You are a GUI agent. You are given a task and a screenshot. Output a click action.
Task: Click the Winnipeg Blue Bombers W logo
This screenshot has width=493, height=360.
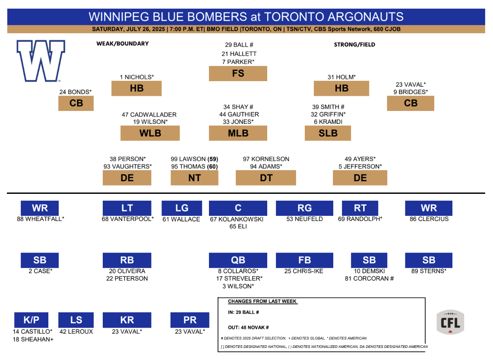(41, 61)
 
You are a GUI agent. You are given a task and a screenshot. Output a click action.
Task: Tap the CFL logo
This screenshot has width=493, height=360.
(450, 322)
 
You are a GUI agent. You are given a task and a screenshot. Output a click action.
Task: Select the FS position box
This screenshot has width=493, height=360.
(238, 73)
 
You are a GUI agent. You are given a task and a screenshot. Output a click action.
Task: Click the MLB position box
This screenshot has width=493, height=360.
(238, 133)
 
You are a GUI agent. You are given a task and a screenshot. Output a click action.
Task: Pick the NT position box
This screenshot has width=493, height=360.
(194, 178)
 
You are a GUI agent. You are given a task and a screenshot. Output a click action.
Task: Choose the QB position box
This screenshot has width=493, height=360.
(238, 260)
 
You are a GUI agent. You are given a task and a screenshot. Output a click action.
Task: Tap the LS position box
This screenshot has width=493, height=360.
(76, 320)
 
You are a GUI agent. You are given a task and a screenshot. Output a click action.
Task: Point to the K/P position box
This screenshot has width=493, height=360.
(31, 320)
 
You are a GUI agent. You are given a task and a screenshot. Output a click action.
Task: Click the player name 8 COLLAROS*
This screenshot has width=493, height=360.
(238, 271)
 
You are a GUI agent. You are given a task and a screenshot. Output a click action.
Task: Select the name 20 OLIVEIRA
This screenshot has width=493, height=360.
(127, 271)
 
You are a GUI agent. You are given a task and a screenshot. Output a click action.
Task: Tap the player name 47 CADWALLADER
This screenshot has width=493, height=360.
(149, 115)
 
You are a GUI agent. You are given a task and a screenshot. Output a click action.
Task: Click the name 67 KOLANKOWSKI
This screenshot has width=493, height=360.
(237, 219)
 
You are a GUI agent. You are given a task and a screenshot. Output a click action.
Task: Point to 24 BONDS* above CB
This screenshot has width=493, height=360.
(76, 92)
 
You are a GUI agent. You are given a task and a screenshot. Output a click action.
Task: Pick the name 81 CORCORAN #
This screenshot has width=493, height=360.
(369, 278)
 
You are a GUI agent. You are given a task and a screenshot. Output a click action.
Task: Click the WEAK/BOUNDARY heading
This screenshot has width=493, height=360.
(123, 44)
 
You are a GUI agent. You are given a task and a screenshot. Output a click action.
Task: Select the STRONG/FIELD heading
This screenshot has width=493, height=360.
(354, 44)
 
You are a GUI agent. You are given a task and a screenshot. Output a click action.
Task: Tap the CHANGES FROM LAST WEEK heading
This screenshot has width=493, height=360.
(262, 301)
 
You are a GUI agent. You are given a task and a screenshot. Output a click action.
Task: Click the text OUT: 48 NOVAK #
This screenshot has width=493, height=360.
(248, 328)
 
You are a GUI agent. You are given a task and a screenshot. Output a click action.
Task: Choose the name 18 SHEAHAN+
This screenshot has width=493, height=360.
(33, 340)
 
